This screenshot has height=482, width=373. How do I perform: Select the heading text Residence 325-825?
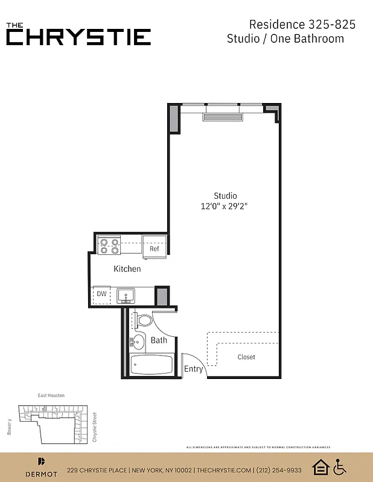[302, 25]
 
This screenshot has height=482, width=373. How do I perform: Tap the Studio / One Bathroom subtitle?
[285, 39]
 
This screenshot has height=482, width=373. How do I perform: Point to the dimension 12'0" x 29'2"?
[225, 206]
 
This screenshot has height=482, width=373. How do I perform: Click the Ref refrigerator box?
[155, 249]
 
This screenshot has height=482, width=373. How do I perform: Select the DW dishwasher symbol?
[101, 295]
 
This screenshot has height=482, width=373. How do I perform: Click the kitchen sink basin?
[126, 295]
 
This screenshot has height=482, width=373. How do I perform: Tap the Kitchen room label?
[127, 269]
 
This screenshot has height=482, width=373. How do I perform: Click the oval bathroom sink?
[138, 343]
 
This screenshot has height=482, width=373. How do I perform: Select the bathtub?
[152, 365]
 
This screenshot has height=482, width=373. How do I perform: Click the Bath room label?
[159, 340]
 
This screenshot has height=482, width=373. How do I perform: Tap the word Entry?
[193, 369]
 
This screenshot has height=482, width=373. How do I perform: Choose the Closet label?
[246, 357]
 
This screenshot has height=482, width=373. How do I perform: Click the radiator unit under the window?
[222, 116]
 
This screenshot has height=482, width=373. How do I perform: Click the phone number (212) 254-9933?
[279, 470]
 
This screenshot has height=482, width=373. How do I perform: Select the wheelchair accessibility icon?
[340, 467]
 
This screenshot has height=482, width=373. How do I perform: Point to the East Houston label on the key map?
[51, 395]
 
